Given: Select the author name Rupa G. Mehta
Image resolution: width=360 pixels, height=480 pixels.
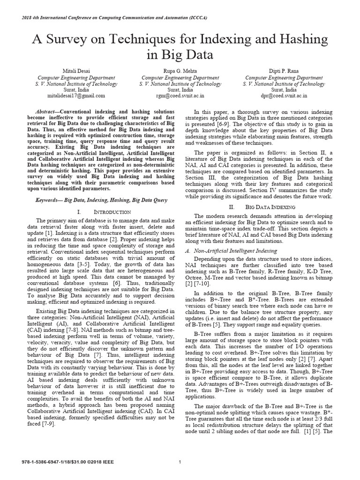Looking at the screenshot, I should click(x=180, y=70).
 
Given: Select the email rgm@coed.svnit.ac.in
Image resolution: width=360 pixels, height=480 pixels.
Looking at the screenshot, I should click(x=180, y=95).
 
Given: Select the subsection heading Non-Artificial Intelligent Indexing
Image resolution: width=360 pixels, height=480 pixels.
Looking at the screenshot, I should click(x=234, y=251).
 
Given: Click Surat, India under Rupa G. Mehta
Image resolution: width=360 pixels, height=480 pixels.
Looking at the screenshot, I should click(x=180, y=89).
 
